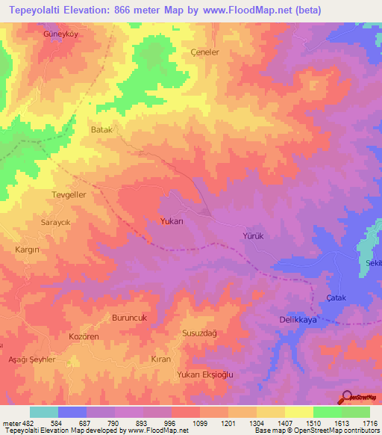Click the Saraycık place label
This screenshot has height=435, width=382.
[x=54, y=223]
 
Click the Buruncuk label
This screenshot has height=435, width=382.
[x=131, y=318]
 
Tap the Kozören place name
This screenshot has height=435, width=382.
[x=84, y=338]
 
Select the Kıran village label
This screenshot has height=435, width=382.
[x=161, y=359]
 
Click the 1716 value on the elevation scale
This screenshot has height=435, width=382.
[x=367, y=422]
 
